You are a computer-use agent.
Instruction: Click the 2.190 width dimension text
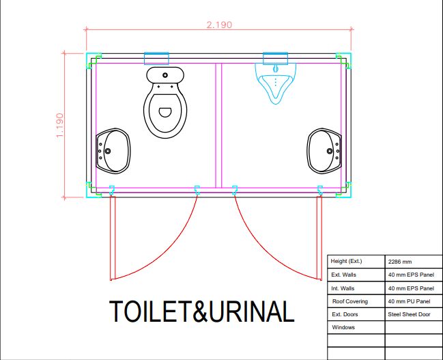point(218,25)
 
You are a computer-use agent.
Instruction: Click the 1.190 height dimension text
point(60,125)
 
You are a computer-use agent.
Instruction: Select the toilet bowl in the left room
point(165,111)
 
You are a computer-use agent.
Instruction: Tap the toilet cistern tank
point(165,74)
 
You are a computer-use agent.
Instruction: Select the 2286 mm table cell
point(399,262)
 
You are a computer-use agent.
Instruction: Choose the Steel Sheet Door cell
point(410,314)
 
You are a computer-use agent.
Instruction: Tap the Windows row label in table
point(343,328)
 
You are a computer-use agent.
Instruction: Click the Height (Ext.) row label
point(347,262)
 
